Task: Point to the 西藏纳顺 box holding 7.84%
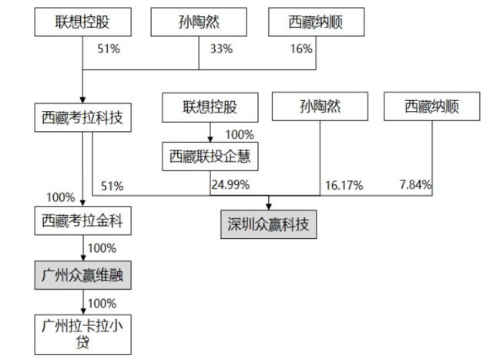431,107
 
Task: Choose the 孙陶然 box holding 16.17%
319,107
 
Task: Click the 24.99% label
230,185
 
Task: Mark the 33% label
222,49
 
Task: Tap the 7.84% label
416,185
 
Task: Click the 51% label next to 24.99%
112,186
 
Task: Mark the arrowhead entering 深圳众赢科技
270,206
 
